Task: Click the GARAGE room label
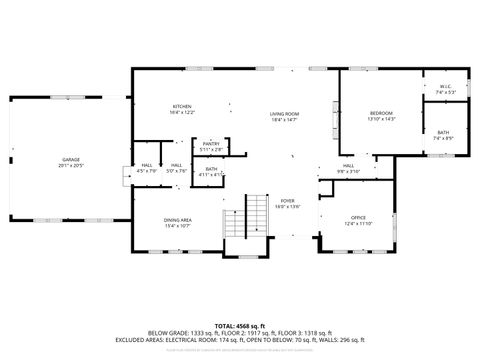click(70, 159)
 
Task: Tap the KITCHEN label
click(182, 106)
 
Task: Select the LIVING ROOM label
click(285, 114)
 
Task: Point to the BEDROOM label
click(382, 113)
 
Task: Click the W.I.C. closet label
click(446, 86)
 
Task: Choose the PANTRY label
click(211, 144)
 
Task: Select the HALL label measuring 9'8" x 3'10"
click(348, 165)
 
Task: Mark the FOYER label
click(288, 200)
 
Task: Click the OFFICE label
click(358, 217)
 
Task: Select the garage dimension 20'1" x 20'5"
click(70, 165)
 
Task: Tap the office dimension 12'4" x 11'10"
click(358, 223)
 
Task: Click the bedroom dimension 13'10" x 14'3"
click(382, 119)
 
